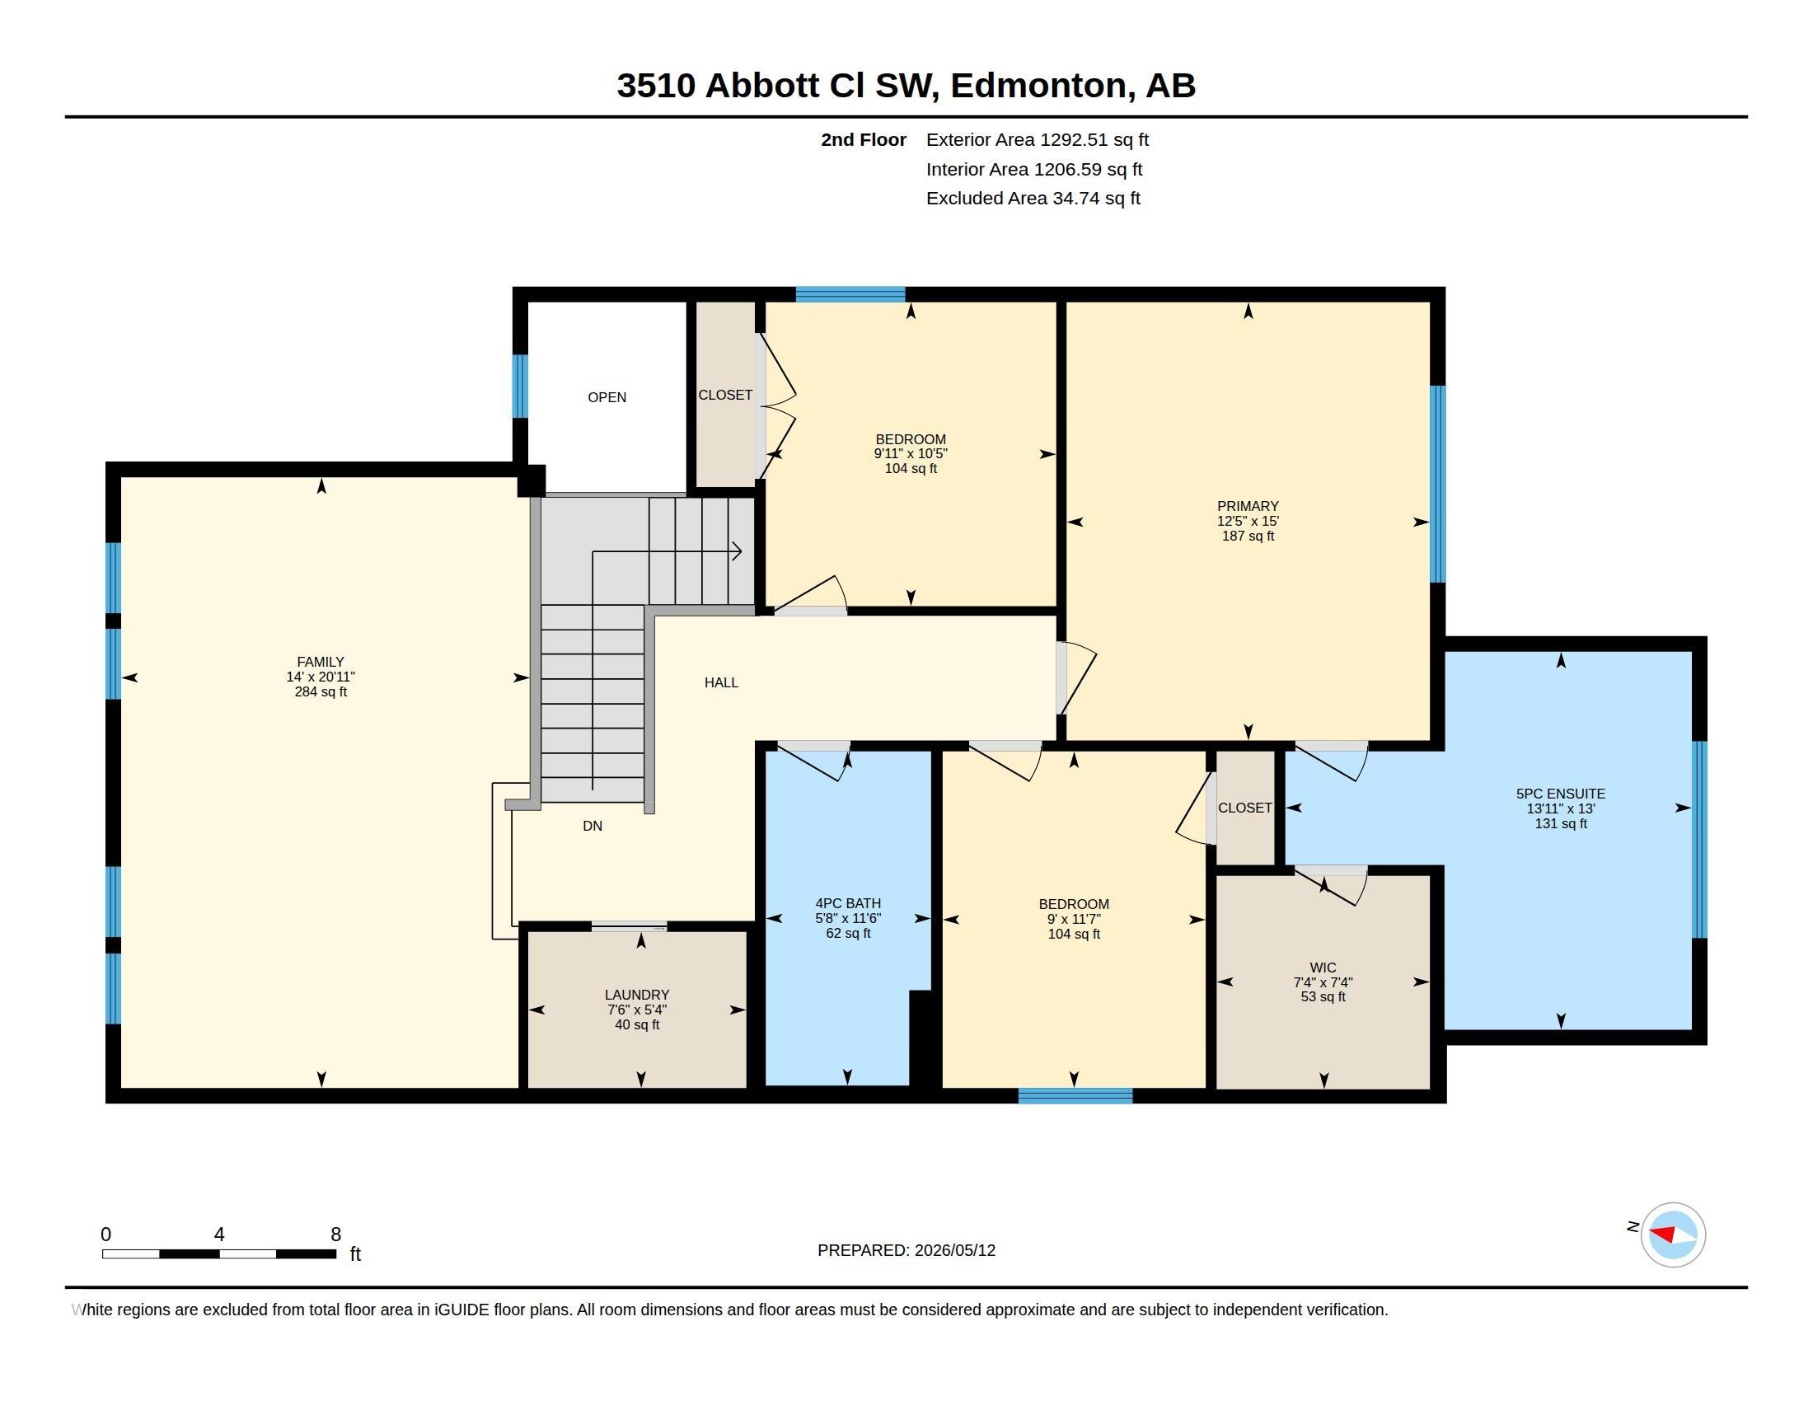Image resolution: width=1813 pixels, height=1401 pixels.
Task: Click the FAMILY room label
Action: coord(321,663)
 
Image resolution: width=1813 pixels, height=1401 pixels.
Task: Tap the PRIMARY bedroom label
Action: coord(1248,506)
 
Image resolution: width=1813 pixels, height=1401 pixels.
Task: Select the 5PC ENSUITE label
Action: coord(1561,794)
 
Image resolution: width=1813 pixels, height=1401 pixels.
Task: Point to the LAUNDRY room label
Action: coord(637,995)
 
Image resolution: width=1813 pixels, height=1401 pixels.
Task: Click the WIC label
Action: coord(1323,968)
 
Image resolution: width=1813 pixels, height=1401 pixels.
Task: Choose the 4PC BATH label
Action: coord(847,903)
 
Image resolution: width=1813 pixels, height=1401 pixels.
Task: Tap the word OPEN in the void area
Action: coord(607,397)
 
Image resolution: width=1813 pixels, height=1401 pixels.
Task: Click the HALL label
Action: coord(721,682)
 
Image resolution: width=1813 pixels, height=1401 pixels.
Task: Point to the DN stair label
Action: coord(592,826)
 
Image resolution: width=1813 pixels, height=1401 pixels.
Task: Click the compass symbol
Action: coord(1673,1235)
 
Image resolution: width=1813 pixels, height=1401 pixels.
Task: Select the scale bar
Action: coord(219,1253)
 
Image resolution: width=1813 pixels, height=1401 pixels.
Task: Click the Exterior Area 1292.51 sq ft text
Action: coord(1037,139)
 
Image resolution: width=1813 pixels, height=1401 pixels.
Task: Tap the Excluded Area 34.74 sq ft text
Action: coord(1033,198)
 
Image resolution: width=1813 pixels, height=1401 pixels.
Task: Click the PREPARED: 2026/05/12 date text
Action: coord(906,1250)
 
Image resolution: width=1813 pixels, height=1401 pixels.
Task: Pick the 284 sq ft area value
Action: coord(321,691)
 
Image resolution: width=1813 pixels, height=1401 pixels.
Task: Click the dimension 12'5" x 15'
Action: coord(1248,521)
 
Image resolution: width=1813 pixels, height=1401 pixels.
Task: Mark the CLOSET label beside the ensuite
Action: coord(1244,808)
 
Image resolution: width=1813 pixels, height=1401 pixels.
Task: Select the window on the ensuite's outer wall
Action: coord(1699,839)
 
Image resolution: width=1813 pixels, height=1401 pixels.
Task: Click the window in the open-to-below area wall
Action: coord(520,386)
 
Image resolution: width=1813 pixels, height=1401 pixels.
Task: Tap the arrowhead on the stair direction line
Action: coord(736,551)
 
